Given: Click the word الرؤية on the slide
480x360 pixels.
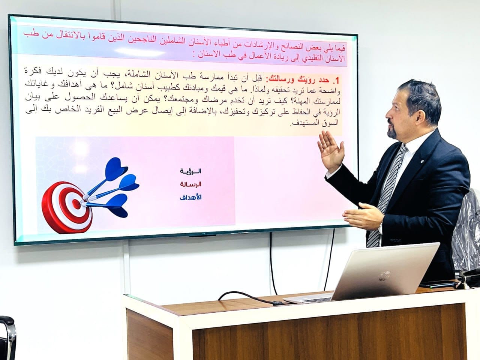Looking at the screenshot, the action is tap(190, 171).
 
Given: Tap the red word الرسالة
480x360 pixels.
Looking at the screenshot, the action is tap(190, 184).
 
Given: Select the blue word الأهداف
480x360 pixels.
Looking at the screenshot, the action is tap(190, 197).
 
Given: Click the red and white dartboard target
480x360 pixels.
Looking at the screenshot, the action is tap(67, 208).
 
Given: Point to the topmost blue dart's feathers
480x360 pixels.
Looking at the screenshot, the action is tap(116, 168).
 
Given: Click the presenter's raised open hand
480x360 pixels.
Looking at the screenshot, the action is tap(331, 151).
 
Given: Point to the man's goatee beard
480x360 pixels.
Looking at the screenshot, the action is tap(392, 132).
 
